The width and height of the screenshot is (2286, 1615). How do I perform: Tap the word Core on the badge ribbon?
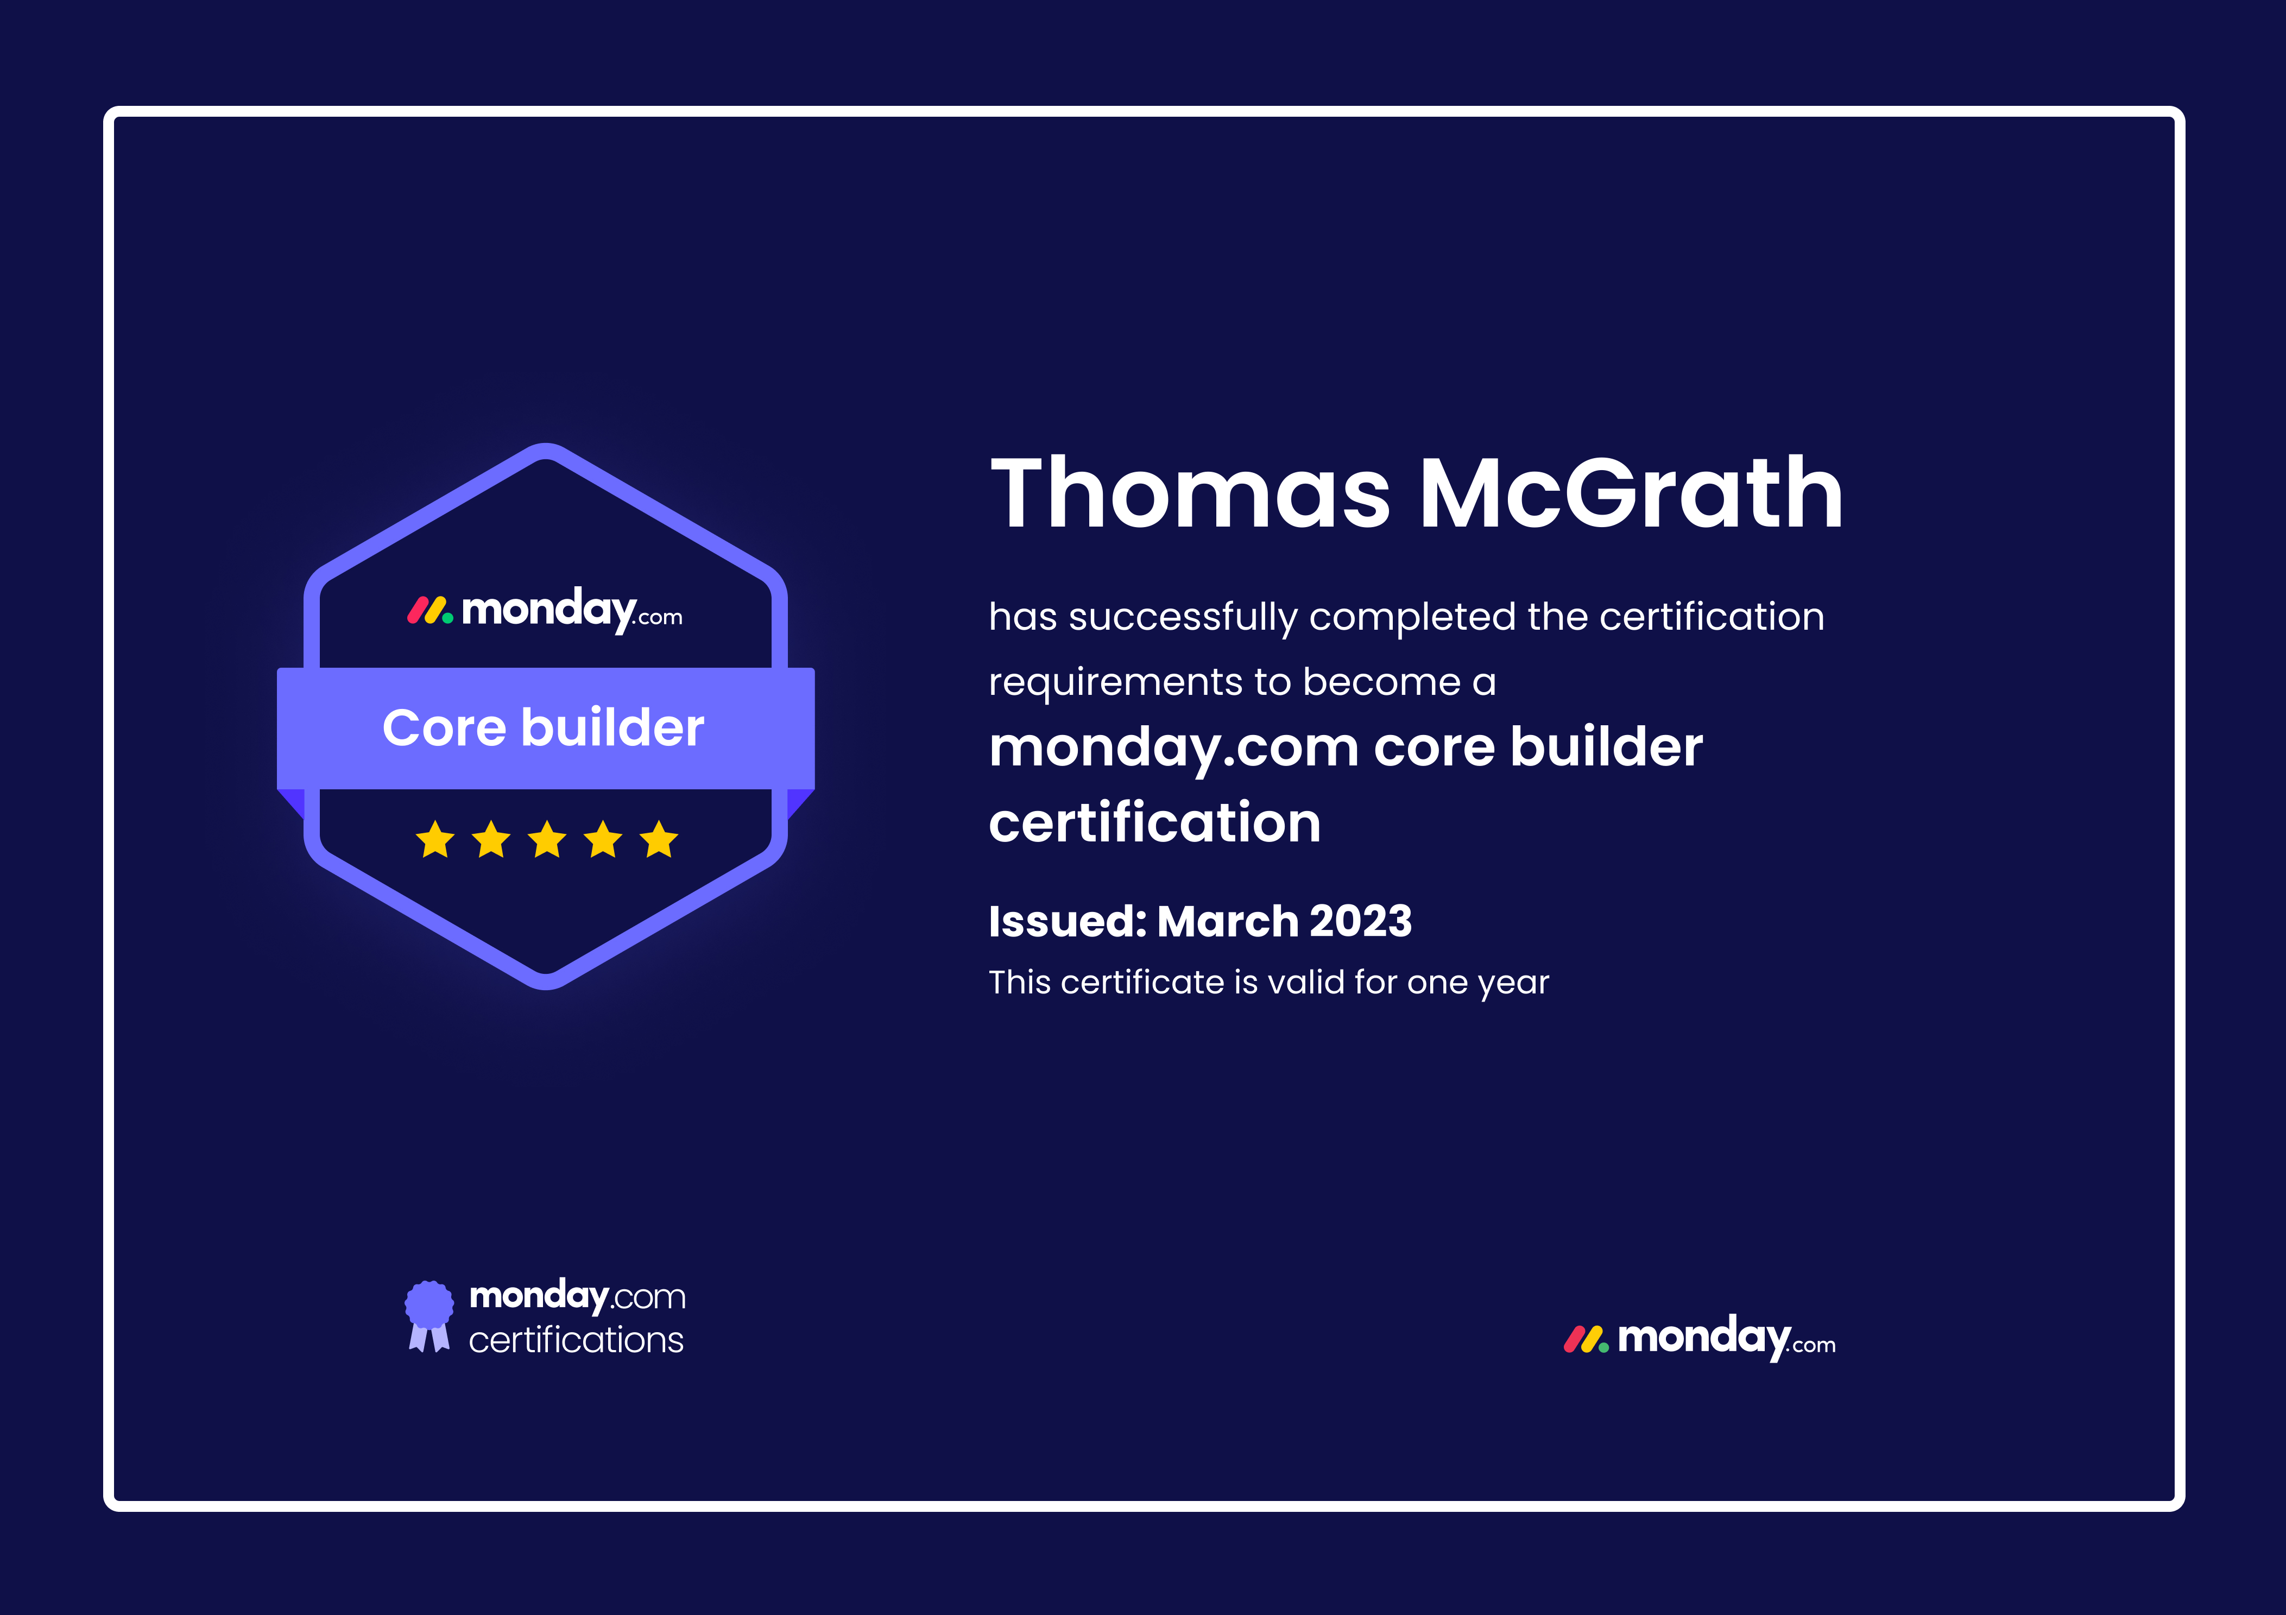coord(444,728)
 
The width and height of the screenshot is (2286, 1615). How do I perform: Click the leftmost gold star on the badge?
coord(435,839)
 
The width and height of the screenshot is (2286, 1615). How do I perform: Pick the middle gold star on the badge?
coord(547,839)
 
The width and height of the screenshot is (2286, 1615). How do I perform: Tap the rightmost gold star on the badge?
coord(659,839)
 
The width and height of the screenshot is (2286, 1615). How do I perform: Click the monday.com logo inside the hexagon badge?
coord(545,610)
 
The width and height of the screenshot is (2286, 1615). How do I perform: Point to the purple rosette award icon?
coord(429,1315)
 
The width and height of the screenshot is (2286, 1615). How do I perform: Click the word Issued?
coord(1068,921)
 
